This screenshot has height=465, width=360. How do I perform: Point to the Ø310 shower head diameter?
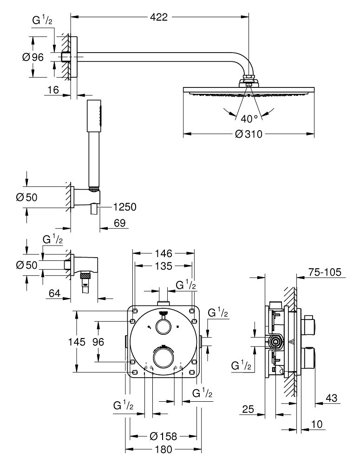249,134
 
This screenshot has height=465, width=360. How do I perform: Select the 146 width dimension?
164,253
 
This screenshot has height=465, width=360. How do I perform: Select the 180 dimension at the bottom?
163,450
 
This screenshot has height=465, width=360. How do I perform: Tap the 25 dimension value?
249,409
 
